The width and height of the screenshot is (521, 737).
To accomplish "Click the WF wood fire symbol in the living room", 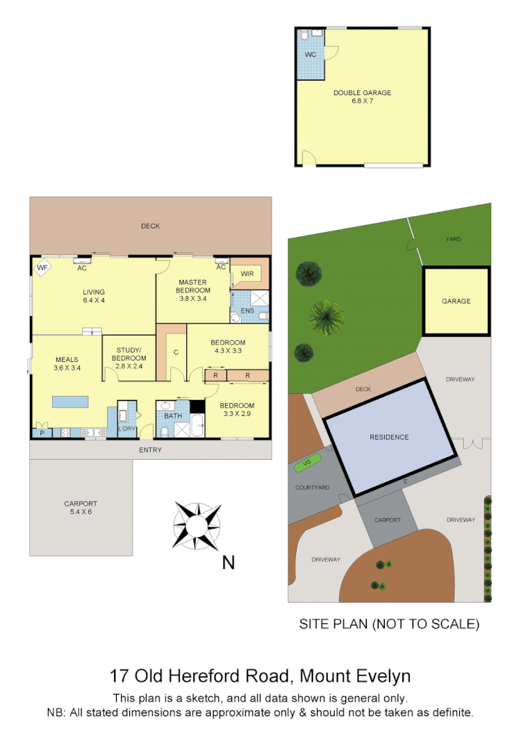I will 42,267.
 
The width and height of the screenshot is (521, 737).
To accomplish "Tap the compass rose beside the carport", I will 197,525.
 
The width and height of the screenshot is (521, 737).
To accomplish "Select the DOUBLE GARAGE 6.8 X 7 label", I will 362,97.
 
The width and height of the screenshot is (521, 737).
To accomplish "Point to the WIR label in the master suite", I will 247,274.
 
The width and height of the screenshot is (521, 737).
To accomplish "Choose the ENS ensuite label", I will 247,310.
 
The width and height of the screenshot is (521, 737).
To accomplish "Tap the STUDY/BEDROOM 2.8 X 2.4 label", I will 129,354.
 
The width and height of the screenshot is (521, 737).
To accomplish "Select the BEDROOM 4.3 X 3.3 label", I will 228,347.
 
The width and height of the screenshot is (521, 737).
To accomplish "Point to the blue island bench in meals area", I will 70,401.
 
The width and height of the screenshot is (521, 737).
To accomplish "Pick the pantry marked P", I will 42,433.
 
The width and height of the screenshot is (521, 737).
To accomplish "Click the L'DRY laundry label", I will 126,429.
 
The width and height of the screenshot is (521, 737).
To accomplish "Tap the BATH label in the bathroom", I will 172,417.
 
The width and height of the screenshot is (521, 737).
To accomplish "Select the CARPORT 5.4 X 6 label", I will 81,508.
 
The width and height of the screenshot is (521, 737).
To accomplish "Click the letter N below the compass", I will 227,563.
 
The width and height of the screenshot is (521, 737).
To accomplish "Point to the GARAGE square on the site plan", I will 456,301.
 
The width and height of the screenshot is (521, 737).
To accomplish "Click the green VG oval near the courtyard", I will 307,463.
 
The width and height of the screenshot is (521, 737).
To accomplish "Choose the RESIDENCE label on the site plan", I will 389,437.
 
